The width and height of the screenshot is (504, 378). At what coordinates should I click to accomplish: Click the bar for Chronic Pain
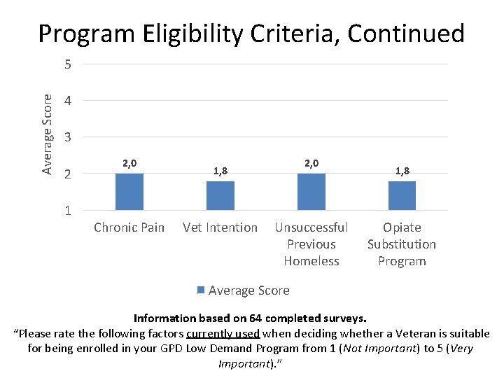(x=129, y=192)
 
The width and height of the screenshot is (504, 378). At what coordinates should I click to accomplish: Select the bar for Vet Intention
(x=220, y=195)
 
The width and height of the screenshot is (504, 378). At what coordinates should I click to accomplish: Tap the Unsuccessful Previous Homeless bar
(x=311, y=192)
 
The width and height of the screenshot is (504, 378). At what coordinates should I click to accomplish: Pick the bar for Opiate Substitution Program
(x=402, y=195)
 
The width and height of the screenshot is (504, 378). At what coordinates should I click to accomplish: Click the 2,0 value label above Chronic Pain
(x=129, y=164)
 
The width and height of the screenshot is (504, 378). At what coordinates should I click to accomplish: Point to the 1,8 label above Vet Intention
(x=220, y=170)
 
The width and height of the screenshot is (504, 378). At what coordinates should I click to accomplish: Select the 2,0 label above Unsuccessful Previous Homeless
(x=311, y=164)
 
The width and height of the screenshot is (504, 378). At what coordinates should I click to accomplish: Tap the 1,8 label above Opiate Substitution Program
(x=402, y=170)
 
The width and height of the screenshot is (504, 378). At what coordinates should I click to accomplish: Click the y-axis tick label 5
(x=67, y=65)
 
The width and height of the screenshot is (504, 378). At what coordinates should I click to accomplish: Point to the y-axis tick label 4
(x=67, y=101)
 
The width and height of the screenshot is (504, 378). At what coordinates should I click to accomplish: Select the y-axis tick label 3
(x=67, y=138)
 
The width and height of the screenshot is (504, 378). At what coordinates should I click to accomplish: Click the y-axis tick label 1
(x=67, y=211)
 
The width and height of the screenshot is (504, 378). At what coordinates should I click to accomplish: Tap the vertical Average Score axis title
(x=47, y=134)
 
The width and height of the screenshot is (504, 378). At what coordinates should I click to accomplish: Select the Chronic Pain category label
(x=129, y=227)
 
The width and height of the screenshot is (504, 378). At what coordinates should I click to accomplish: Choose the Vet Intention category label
(x=220, y=227)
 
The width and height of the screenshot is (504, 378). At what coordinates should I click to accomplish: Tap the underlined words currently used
(x=223, y=333)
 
